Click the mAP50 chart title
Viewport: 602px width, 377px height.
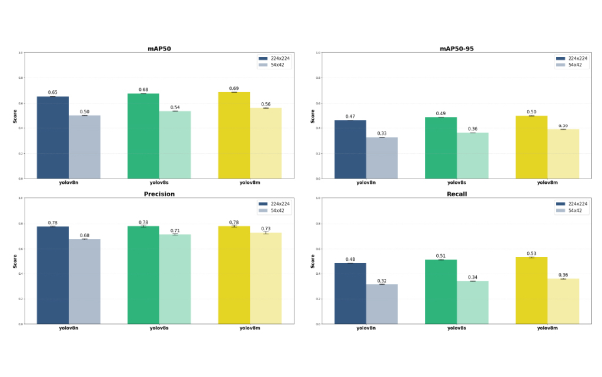click(x=159, y=49)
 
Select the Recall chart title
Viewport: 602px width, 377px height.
click(x=457, y=194)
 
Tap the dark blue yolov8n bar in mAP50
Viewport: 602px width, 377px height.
click(x=53, y=137)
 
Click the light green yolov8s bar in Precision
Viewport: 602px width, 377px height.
click(x=175, y=279)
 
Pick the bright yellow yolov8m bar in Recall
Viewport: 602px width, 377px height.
click(x=531, y=290)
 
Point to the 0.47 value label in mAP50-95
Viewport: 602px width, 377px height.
click(x=350, y=116)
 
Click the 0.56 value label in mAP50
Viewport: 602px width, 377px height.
click(x=266, y=104)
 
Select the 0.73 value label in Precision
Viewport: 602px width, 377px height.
click(x=266, y=228)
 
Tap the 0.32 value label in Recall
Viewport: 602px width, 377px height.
click(x=382, y=281)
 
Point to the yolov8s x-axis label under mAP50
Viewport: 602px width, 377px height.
click(x=159, y=183)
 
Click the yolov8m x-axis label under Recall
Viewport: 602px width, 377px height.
click(x=547, y=328)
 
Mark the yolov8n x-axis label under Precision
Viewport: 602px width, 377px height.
click(x=69, y=328)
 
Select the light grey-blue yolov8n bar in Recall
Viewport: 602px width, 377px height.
click(x=382, y=304)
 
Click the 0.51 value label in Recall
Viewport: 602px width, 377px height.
click(x=441, y=256)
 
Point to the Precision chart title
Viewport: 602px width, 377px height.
click(x=159, y=194)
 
